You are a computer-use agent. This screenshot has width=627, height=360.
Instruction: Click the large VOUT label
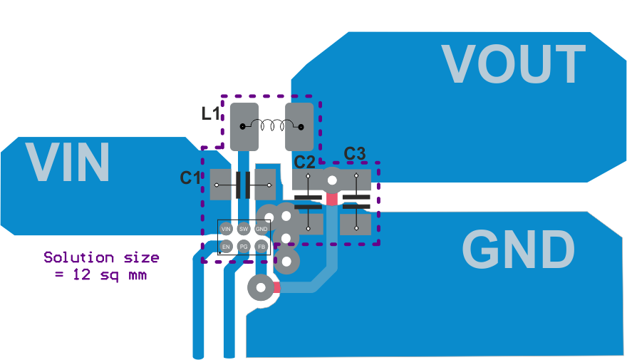tap(513, 64)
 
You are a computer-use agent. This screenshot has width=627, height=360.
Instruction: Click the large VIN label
tap(68, 163)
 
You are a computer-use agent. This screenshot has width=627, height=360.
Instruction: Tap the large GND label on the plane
tap(518, 250)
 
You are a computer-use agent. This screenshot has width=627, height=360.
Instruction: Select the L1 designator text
tap(212, 113)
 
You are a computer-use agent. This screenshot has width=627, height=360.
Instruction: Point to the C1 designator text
tap(190, 178)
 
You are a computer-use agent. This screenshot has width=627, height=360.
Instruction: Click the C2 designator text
tap(305, 162)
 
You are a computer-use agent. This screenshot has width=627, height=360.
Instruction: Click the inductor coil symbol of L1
tap(271, 127)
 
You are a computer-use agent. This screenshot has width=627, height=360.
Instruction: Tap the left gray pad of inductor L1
tap(244, 127)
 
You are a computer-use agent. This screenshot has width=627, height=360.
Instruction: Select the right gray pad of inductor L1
tap(299, 127)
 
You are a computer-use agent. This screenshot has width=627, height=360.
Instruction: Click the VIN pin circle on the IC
tap(226, 229)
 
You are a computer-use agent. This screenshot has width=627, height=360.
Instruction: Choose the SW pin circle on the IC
tap(244, 229)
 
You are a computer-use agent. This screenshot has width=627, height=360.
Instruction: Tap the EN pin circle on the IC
tap(226, 247)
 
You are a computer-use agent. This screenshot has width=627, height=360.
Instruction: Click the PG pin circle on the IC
tap(244, 247)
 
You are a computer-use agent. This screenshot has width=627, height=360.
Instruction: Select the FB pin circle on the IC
tap(261, 247)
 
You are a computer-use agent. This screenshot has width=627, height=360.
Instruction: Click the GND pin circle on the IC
tap(261, 229)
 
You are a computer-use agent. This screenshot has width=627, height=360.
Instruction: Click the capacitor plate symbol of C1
tap(242, 185)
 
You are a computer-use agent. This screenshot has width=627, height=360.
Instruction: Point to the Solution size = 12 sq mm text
tap(101, 265)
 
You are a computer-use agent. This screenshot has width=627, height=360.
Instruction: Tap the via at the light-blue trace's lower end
tap(259, 288)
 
